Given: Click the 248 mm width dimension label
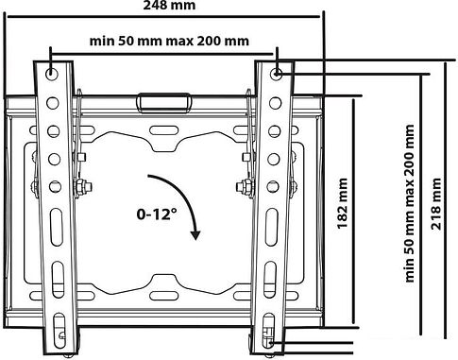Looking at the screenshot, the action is [x=169, y=5].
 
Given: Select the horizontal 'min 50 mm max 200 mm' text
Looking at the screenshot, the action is [x=169, y=41].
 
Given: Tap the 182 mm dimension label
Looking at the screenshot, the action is [x=343, y=203].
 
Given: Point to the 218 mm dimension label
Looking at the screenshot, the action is [x=436, y=203].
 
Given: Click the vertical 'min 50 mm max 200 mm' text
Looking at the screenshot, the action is [x=410, y=203].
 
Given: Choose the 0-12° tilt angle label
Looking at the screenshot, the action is [x=157, y=214].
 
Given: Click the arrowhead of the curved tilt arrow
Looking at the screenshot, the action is [x=195, y=235].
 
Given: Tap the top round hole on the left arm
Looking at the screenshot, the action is [x=51, y=74].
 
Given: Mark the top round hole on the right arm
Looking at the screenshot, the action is [x=277, y=74].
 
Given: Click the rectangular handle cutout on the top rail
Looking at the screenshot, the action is [x=163, y=102].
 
